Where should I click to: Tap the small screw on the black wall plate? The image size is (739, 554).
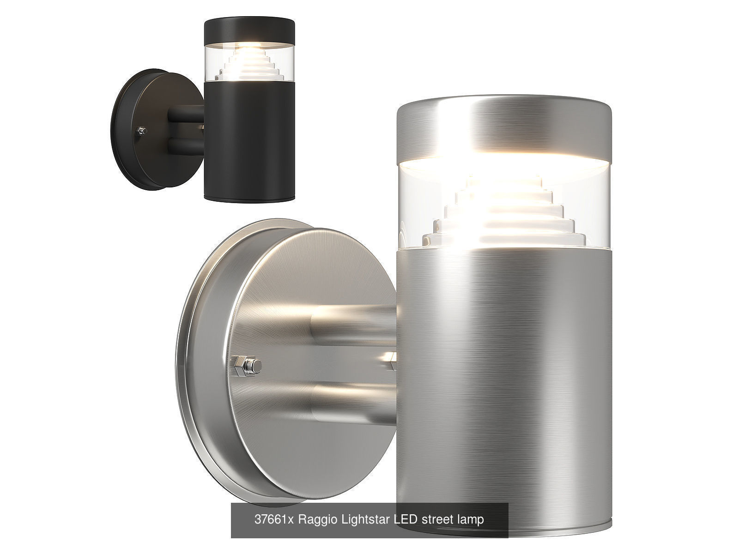142,132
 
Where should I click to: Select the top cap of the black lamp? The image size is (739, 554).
249,29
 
